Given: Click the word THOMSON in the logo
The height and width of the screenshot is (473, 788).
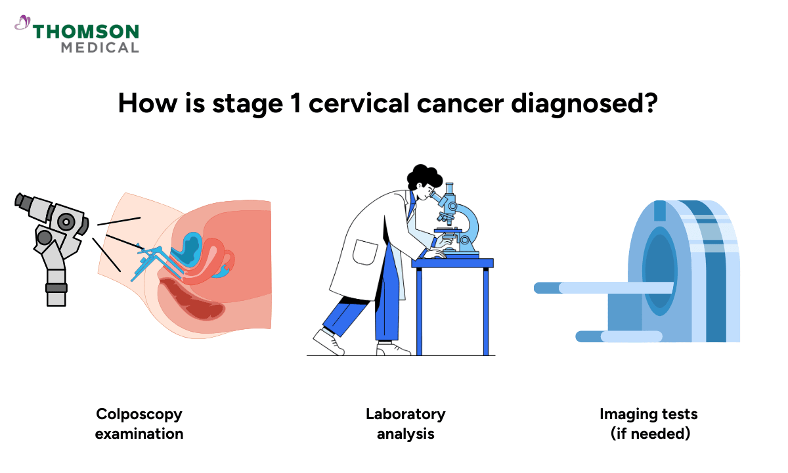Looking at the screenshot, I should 86,32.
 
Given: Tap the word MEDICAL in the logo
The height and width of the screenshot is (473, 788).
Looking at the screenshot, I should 100,48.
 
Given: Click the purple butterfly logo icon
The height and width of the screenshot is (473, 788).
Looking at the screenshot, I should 22,24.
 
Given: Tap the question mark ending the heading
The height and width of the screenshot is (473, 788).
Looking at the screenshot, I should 663,103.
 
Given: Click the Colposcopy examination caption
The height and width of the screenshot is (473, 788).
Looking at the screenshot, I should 139,424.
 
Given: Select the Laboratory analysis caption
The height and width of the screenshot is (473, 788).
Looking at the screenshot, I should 405,424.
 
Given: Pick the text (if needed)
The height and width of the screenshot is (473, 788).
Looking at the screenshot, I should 648,434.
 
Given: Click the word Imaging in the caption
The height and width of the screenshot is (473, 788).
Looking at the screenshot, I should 623,415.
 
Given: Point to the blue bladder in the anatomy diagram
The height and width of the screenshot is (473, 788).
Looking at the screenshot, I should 192,248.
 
